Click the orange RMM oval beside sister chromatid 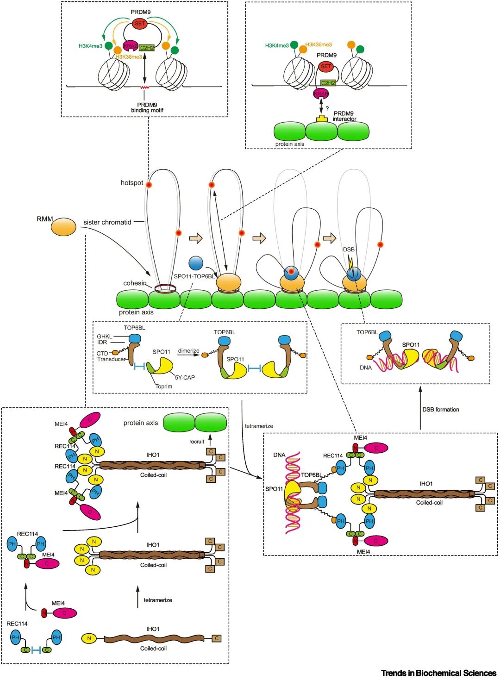[x=63, y=227]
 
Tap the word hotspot [x=131, y=183]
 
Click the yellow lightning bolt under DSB [x=350, y=263]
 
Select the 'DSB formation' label [x=440, y=410]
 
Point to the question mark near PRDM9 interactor [x=327, y=108]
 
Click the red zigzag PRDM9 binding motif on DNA [x=144, y=87]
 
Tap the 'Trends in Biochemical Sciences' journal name [x=438, y=673]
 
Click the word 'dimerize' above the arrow [x=188, y=351]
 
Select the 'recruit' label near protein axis [x=197, y=442]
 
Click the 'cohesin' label [x=135, y=283]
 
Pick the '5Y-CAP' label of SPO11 [x=185, y=378]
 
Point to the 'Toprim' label [x=163, y=387]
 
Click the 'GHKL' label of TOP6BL [x=104, y=337]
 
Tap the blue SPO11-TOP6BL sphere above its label [x=196, y=262]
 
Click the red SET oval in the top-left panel [x=139, y=24]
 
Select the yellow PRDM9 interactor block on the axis [x=322, y=119]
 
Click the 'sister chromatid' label [x=107, y=222]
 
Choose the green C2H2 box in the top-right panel [x=328, y=83]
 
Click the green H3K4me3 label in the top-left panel [x=90, y=46]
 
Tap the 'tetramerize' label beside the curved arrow [x=259, y=426]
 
